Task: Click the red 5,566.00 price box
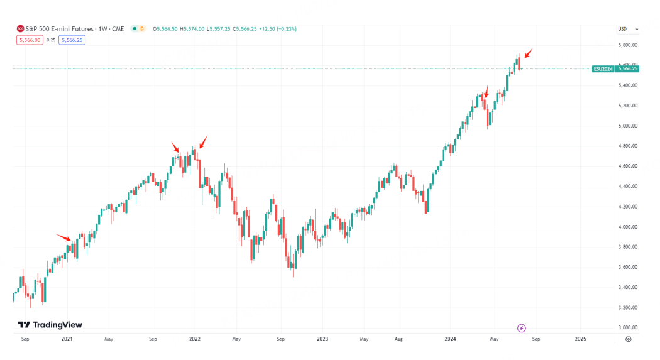click(x=30, y=40)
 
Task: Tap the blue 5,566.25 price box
click(x=72, y=40)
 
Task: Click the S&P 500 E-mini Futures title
click(x=59, y=29)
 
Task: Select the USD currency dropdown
click(x=628, y=29)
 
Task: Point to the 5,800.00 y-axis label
click(x=628, y=45)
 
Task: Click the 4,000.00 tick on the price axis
click(x=628, y=227)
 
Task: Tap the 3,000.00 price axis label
click(x=628, y=327)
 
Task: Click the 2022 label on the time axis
click(x=194, y=339)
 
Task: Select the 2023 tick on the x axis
click(x=322, y=339)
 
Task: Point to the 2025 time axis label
click(x=580, y=339)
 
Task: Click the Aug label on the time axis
click(x=399, y=339)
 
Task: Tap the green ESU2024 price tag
click(x=603, y=69)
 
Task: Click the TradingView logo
click(x=50, y=325)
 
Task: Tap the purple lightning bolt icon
click(x=522, y=328)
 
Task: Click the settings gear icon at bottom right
click(x=629, y=339)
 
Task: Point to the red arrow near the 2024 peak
click(x=529, y=53)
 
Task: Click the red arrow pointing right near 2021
click(x=63, y=237)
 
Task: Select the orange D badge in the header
click(x=142, y=29)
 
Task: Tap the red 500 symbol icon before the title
click(x=20, y=29)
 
